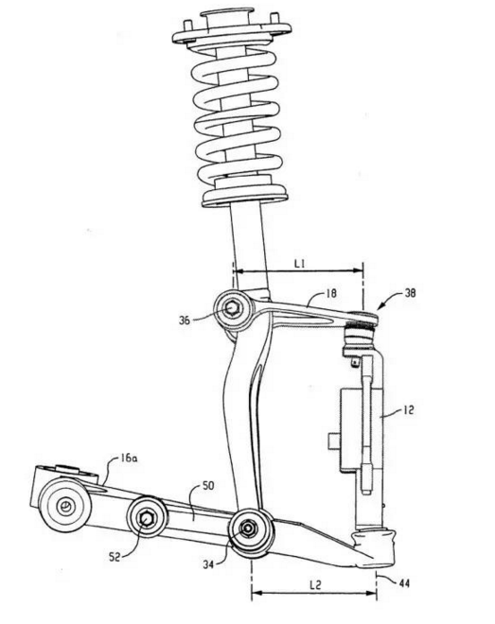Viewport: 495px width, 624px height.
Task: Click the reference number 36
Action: (x=185, y=320)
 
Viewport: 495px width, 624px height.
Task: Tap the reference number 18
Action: (x=331, y=293)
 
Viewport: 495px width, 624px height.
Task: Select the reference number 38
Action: (x=410, y=293)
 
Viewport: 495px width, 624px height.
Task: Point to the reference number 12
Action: (x=409, y=410)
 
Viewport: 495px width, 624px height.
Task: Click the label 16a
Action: (x=129, y=458)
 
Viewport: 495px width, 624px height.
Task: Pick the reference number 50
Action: (x=208, y=486)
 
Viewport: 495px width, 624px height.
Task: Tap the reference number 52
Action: (x=115, y=557)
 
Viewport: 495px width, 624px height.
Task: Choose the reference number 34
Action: (x=208, y=563)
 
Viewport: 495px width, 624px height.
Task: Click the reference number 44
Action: (x=404, y=583)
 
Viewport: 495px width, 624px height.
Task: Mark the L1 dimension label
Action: (x=299, y=263)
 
